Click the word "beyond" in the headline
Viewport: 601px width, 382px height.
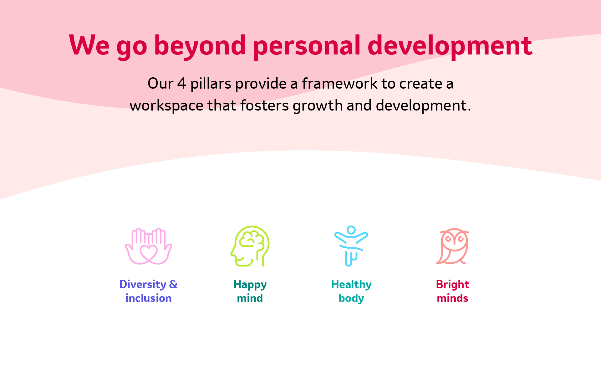pos(200,46)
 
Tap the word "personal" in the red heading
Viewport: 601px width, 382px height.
pos(307,46)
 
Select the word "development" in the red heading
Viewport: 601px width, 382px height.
pos(450,46)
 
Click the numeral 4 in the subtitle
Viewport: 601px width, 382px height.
pos(182,84)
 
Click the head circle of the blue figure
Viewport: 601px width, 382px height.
pos(351,230)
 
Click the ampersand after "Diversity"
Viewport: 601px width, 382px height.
pos(173,284)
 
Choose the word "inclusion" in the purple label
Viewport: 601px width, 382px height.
pos(149,298)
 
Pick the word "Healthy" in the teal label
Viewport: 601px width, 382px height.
pos(351,285)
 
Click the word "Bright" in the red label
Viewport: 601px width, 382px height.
pos(452,285)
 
